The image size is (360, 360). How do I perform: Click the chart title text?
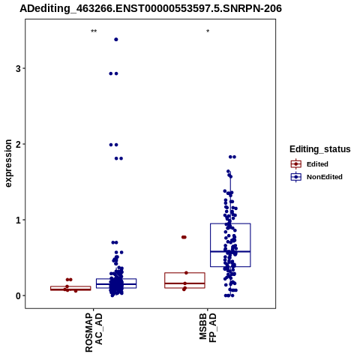pos(151,9)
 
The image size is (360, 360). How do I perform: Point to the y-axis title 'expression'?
pos(8,163)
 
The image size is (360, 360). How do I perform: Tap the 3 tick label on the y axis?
pos(18,68)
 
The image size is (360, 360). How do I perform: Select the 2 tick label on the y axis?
pos(18,144)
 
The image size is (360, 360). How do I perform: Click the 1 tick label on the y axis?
pos(18,220)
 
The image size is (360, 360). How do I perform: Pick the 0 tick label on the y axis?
pos(18,295)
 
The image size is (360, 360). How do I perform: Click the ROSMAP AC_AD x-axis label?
pos(94,332)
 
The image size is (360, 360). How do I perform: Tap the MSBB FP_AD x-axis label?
pos(208,328)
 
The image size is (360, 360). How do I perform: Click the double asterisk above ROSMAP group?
pos(94,31)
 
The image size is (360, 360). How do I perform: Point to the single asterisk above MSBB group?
pos(208,31)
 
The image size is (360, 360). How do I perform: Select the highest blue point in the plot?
pos(116,40)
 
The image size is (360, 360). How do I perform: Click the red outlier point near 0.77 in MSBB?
pos(184,237)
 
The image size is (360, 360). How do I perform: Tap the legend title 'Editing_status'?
pos(320,149)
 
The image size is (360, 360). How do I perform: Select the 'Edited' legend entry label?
pos(317,164)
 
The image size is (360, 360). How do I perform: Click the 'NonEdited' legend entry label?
pos(325,177)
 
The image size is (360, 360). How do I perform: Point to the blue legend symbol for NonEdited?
pos(296,177)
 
